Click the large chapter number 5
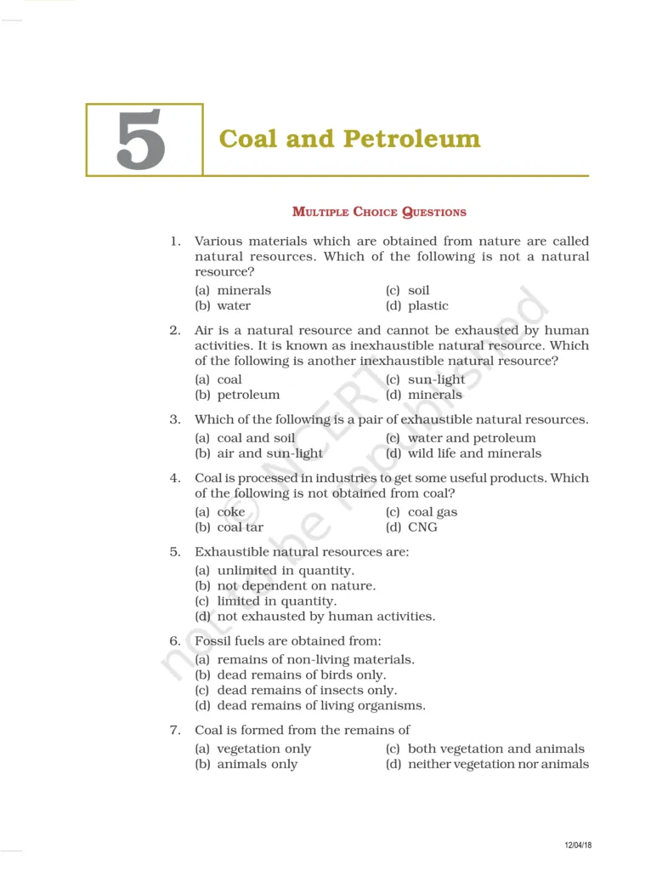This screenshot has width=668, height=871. click(x=141, y=140)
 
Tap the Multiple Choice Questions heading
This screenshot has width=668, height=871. click(x=379, y=212)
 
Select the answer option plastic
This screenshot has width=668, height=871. click(x=427, y=305)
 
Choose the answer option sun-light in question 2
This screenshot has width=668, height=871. click(x=436, y=379)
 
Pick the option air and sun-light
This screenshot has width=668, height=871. click(x=269, y=453)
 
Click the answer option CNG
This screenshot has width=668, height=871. click(x=422, y=527)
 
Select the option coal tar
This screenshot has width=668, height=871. click(x=240, y=527)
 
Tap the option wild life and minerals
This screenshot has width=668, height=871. click(x=474, y=453)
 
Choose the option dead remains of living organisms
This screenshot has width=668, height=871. click(x=320, y=705)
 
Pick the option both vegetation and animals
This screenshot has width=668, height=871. click(x=495, y=749)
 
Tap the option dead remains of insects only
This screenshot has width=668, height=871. click(x=306, y=690)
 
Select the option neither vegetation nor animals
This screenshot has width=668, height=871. click(x=498, y=764)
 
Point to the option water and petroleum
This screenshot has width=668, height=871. click(x=472, y=438)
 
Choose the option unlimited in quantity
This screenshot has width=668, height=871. click(x=285, y=571)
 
